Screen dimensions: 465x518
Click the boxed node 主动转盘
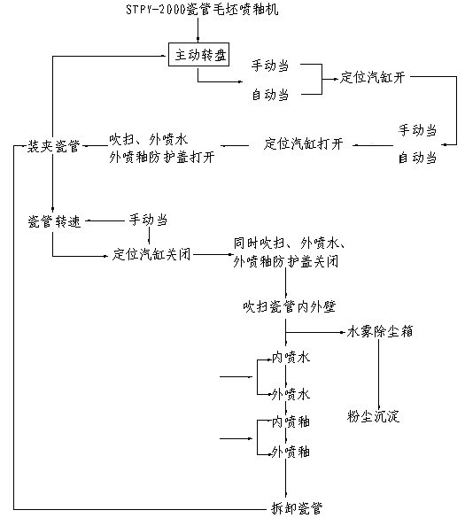(x=198, y=55)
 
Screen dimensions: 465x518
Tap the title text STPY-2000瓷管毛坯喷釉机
(x=202, y=10)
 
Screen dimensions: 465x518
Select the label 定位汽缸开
(x=373, y=78)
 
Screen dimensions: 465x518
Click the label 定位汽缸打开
(x=303, y=144)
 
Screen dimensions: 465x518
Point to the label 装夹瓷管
(x=54, y=146)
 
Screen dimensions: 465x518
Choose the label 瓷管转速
(x=55, y=221)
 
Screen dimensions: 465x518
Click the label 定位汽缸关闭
(x=151, y=255)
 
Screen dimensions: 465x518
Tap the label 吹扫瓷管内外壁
(x=289, y=307)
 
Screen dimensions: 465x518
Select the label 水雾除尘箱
(x=380, y=332)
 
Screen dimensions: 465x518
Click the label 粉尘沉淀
(x=373, y=416)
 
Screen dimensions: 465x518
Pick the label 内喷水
(x=291, y=358)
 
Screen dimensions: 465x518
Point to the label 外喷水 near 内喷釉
(x=291, y=394)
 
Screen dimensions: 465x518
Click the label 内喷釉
(x=291, y=422)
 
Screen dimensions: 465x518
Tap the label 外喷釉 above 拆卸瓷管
(x=291, y=452)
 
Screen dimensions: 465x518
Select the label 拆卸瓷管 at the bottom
(x=297, y=508)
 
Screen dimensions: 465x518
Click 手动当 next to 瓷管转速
(x=148, y=220)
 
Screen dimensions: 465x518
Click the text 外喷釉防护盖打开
(x=162, y=158)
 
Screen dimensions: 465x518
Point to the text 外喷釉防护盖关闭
(x=286, y=261)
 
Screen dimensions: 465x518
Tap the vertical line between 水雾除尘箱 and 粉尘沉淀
(x=379, y=374)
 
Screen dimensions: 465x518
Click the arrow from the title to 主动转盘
(x=198, y=30)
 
